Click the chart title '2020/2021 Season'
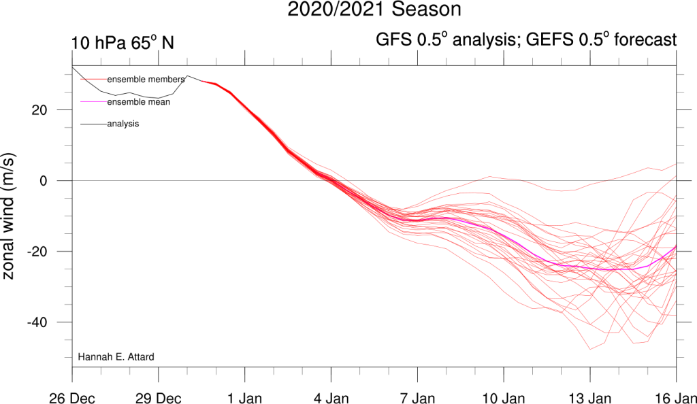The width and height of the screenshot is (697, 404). pos(374,10)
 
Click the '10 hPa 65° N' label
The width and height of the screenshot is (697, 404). pos(123,42)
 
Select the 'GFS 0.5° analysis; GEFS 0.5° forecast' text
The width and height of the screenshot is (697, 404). pos(526,40)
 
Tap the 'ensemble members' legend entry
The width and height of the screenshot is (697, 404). pos(146,80)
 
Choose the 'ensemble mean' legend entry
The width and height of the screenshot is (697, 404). pos(138,102)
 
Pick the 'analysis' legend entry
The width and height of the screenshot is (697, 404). pos(123,124)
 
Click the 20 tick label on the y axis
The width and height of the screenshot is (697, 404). pos(47,110)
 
